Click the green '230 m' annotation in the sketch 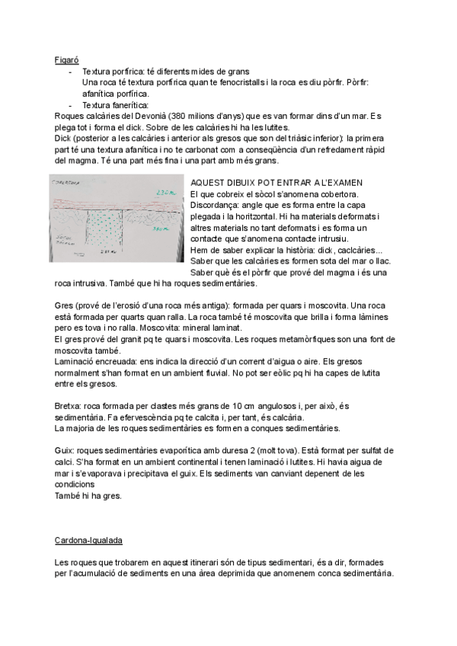[x=169, y=193]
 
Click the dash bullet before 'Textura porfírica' [x=70, y=70]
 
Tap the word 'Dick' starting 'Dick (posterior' [x=64, y=140]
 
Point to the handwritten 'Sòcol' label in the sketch [x=62, y=238]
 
